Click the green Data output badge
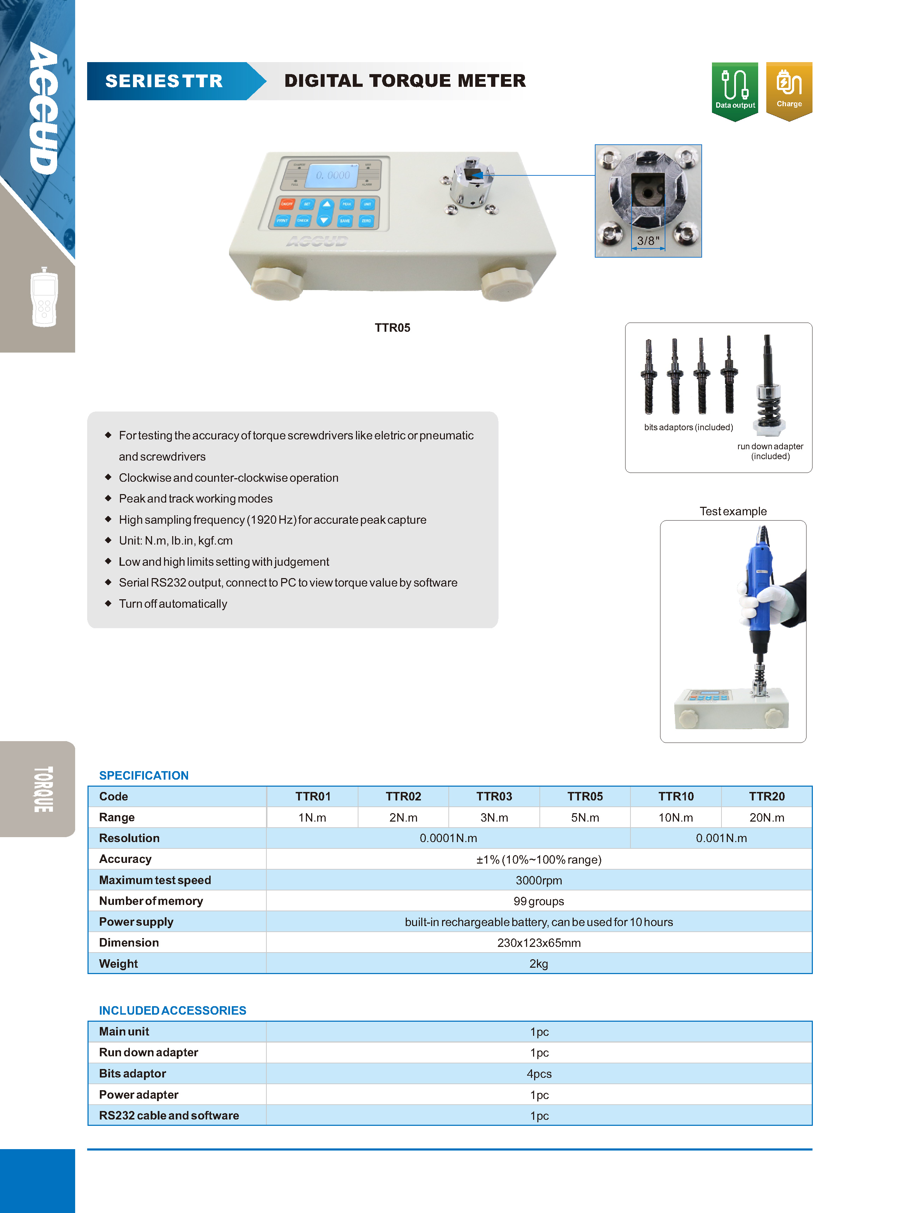(x=735, y=90)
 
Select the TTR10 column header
(x=676, y=796)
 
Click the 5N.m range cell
(x=585, y=817)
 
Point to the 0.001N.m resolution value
(x=721, y=838)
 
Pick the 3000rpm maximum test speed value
(x=538, y=880)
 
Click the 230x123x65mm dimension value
(x=538, y=943)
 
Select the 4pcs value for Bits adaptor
(x=538, y=1074)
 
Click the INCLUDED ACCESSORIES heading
(x=172, y=1010)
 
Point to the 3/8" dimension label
(x=648, y=240)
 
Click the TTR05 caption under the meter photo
(x=392, y=328)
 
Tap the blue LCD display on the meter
(x=332, y=175)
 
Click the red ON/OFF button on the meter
(x=286, y=204)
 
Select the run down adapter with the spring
(x=768, y=387)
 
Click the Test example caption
(x=733, y=511)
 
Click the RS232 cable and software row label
(x=169, y=1116)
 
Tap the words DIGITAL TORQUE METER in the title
(x=405, y=81)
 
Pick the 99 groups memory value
(x=538, y=901)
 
